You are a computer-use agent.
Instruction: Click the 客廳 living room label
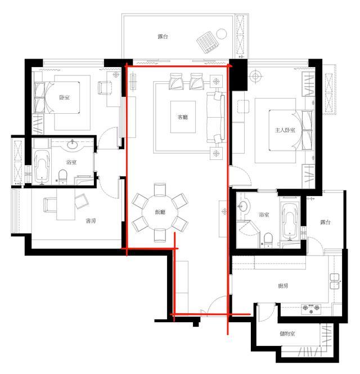pyautogui.click(x=183, y=117)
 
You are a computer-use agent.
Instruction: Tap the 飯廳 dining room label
pyautogui.click(x=160, y=212)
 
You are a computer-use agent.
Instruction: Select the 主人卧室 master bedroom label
pyautogui.click(x=285, y=130)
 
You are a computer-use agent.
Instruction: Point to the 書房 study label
pyautogui.click(x=91, y=221)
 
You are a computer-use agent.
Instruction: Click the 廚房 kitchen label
pyautogui.click(x=283, y=286)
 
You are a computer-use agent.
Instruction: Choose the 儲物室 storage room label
pyautogui.click(x=287, y=333)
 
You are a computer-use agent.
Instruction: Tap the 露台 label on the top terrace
pyautogui.click(x=163, y=36)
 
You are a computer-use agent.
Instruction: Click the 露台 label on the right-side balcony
pyautogui.click(x=325, y=222)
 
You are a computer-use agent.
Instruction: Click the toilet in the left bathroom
pyautogui.click(x=63, y=176)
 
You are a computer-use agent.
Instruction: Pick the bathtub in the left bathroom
pyautogui.click(x=42, y=167)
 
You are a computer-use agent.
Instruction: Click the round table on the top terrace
pyautogui.click(x=222, y=34)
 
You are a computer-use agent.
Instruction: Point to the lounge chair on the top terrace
pyautogui.click(x=208, y=42)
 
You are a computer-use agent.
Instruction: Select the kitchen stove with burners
pyautogui.click(x=311, y=309)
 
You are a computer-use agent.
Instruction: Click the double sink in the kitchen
pyautogui.click(x=335, y=281)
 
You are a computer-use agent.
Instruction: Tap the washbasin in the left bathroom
pyautogui.click(x=71, y=145)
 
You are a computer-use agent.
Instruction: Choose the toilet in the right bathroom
pyautogui.click(x=268, y=239)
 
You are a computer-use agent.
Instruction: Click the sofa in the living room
pyautogui.click(x=215, y=118)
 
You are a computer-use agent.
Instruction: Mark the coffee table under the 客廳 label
pyautogui.click(x=183, y=117)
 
